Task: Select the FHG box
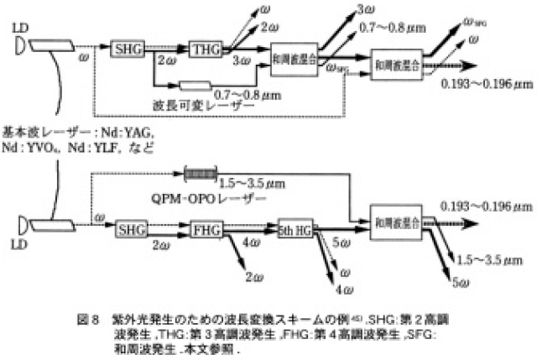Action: click(206, 228)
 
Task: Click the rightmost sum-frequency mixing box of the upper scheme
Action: click(399, 62)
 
